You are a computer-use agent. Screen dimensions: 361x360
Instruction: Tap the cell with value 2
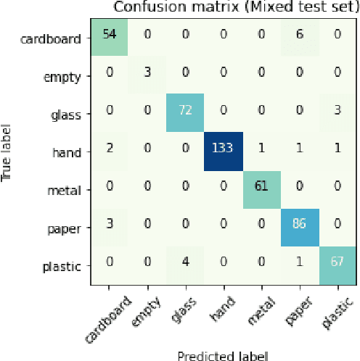pos(110,152)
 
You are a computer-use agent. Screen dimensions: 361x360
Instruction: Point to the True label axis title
pos(7,152)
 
